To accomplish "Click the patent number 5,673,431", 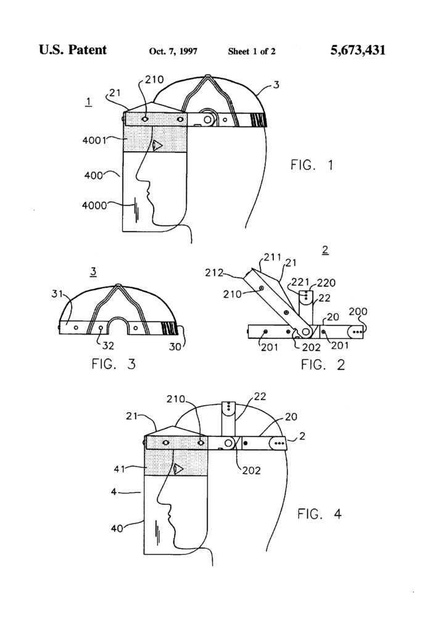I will click(x=358, y=51).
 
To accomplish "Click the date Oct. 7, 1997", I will click(x=173, y=52).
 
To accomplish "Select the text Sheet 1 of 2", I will click(x=252, y=52).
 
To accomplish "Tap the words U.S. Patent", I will click(x=73, y=51).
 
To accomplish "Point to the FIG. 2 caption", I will click(x=323, y=364).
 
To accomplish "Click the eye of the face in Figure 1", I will click(x=157, y=146).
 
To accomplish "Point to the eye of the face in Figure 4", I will click(x=178, y=469).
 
